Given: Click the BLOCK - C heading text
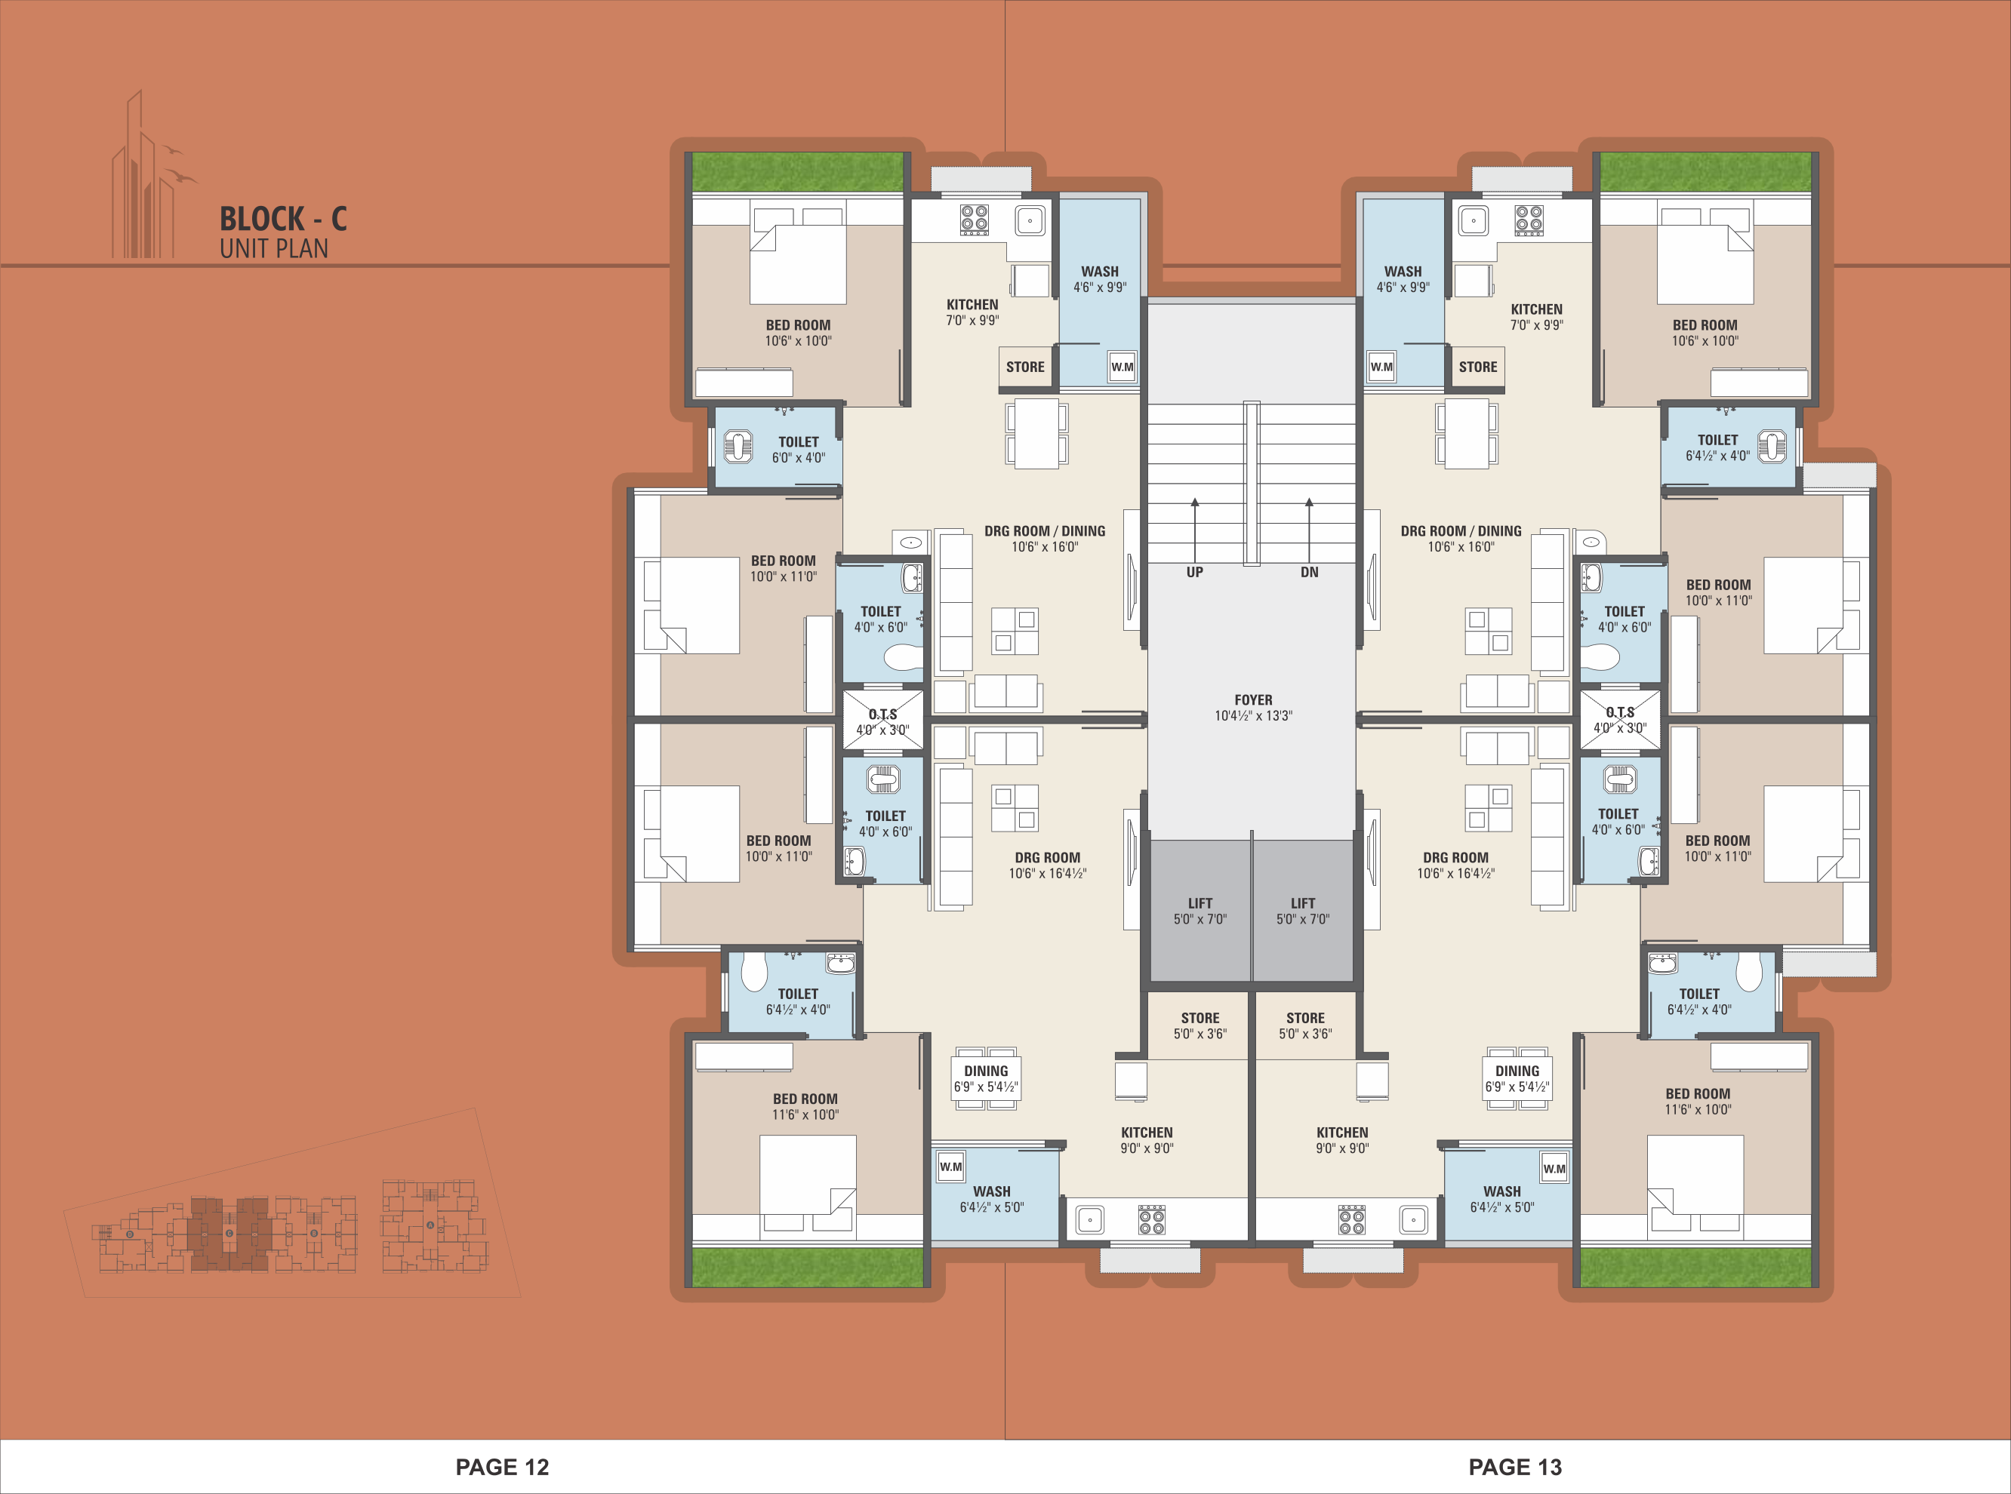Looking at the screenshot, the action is [283, 219].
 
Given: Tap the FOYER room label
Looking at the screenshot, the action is [1253, 700].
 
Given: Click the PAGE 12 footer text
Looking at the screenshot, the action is [502, 1467].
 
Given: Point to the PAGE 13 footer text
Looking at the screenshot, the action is [1515, 1467].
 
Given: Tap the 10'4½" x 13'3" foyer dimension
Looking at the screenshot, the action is [1253, 716].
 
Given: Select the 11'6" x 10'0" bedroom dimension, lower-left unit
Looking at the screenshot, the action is [805, 1115].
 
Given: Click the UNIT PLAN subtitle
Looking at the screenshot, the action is [274, 249].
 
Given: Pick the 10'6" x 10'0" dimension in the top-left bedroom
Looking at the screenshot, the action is [798, 341].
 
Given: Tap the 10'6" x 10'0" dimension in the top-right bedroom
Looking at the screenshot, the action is [1705, 341].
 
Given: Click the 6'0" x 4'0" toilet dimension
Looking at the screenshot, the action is [798, 457].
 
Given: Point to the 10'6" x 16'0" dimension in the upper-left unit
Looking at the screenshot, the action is [1045, 547].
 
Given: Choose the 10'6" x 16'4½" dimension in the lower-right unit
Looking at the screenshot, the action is [1455, 874].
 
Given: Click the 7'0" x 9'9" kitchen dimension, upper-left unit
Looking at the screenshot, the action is [972, 320].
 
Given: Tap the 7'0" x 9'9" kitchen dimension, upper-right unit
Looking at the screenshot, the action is [1536, 324].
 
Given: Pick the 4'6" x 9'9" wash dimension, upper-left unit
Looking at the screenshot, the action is [1100, 287].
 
